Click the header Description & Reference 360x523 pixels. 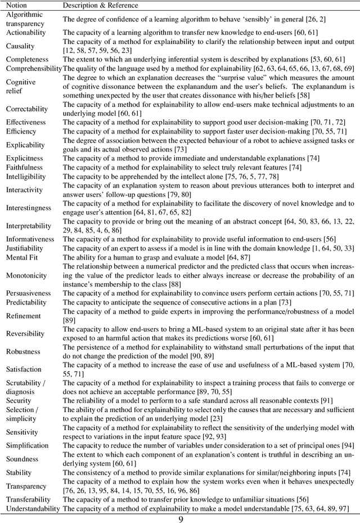click(100, 5)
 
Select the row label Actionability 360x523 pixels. click(26, 32)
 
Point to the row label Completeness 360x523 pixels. click(27, 59)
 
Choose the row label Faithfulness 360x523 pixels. click(25, 167)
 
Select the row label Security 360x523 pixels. click(19, 400)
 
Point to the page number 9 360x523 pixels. click(180, 517)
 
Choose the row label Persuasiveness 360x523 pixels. click(28, 293)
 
